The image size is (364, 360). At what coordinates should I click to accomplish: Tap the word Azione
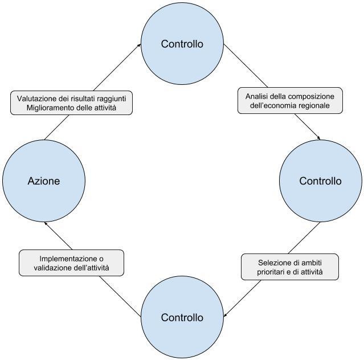pos(44,181)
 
